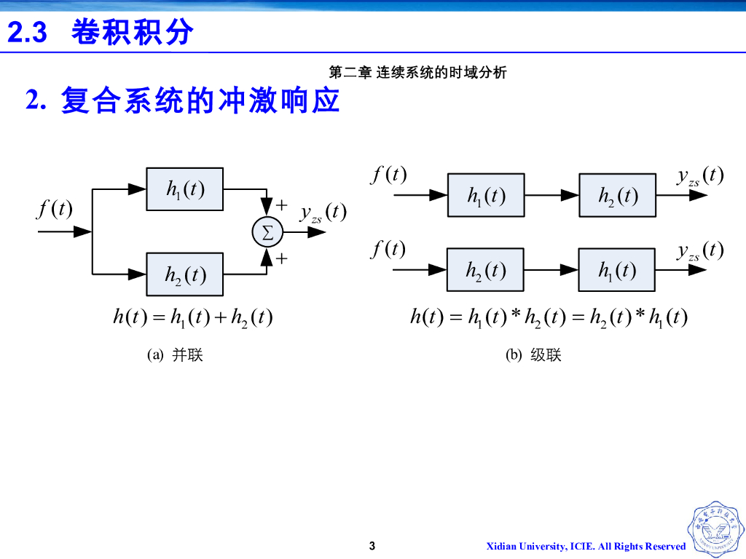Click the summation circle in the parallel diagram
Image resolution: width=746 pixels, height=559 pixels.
point(267,232)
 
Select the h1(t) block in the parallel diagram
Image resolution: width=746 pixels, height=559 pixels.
point(185,189)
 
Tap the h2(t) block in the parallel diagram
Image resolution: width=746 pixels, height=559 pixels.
point(185,274)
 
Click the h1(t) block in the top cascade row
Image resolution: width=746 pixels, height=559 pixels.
point(486,195)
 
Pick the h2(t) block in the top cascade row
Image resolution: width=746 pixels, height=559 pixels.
point(617,195)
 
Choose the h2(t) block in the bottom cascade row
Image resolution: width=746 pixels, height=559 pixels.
point(485,270)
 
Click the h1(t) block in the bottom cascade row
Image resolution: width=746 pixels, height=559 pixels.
point(616,270)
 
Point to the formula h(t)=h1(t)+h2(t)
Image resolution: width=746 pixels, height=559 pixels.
point(193,317)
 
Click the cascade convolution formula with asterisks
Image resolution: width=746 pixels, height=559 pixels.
point(549,317)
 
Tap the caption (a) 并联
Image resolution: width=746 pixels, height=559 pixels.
point(175,355)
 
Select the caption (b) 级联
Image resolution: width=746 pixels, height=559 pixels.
point(533,355)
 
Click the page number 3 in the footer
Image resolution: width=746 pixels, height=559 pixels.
point(372,546)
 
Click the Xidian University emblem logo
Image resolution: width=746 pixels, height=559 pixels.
point(715,529)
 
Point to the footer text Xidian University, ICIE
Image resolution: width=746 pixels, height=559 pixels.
point(586,547)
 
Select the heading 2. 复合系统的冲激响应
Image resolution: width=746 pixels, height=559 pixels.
point(183,100)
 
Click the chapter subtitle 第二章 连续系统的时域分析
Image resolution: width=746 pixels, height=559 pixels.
point(417,72)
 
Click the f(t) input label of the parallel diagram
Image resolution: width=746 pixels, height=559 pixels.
point(55,210)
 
